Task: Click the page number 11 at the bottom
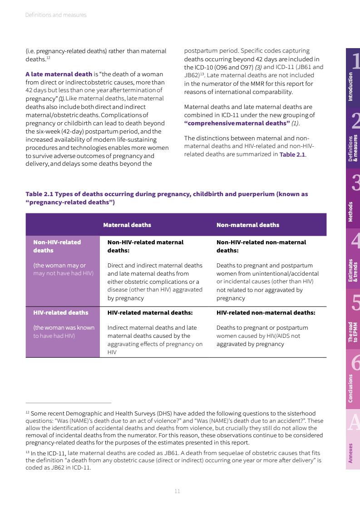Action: [178, 491]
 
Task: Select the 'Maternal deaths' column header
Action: [127, 225]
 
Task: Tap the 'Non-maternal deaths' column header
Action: [247, 225]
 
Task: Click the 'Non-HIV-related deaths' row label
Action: [57, 246]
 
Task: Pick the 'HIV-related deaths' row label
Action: [60, 312]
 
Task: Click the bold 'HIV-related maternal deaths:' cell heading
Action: [150, 312]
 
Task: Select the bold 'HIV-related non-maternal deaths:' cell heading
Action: [266, 312]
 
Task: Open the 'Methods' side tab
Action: [351, 212]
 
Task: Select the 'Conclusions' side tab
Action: [351, 388]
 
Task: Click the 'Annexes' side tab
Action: [351, 453]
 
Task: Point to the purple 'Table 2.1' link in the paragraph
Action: [292, 154]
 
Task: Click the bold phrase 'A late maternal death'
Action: [59, 74]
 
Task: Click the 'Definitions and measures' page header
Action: [56, 15]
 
